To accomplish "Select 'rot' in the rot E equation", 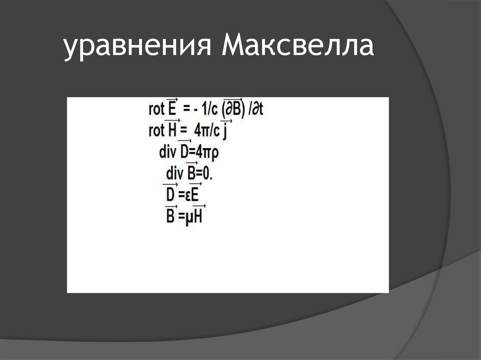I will pos(156,110).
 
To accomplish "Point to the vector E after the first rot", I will pos(172,110).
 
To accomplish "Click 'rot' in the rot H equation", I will pos(156,130).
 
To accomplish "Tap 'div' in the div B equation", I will pos(175,173).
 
